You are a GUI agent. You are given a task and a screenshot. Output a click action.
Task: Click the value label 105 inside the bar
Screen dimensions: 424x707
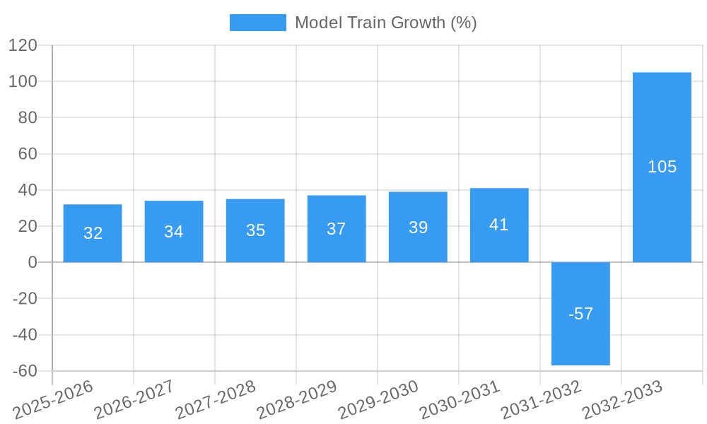[662, 167]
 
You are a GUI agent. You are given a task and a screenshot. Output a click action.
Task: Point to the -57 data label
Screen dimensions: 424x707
[580, 314]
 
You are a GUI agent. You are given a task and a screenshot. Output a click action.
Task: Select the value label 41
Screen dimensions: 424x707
[499, 225]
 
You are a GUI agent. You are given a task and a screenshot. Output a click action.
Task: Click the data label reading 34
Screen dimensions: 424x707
[174, 232]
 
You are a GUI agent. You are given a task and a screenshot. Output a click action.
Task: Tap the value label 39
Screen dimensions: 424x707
[418, 228]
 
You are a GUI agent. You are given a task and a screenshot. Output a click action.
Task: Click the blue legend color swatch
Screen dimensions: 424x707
[257, 23]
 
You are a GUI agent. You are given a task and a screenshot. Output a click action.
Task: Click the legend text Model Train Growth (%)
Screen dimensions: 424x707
[385, 23]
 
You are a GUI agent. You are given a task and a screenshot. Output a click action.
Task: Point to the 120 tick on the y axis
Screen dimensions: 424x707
[23, 46]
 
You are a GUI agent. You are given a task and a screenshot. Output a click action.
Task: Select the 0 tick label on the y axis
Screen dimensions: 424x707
[32, 262]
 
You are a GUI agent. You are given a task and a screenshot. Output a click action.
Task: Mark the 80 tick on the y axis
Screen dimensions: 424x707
[27, 118]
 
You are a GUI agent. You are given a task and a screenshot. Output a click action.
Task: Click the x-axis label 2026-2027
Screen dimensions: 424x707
[134, 400]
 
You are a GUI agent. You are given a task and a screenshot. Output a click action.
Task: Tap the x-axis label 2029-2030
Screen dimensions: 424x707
[378, 400]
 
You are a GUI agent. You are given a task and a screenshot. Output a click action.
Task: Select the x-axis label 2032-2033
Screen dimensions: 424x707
[622, 400]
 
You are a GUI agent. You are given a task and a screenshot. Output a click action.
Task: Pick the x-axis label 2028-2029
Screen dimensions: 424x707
[297, 400]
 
